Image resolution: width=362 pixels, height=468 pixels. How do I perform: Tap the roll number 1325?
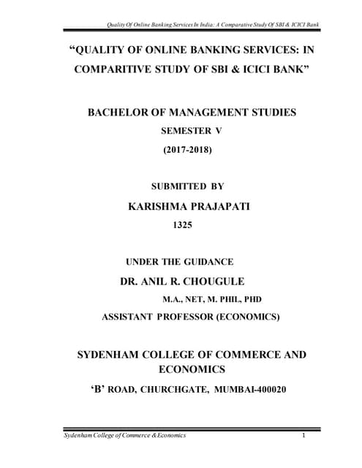(181, 226)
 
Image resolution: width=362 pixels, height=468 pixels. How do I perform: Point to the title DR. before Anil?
(129, 281)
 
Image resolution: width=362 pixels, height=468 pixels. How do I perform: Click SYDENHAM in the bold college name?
(110, 355)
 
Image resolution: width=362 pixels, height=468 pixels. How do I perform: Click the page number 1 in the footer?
(303, 436)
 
